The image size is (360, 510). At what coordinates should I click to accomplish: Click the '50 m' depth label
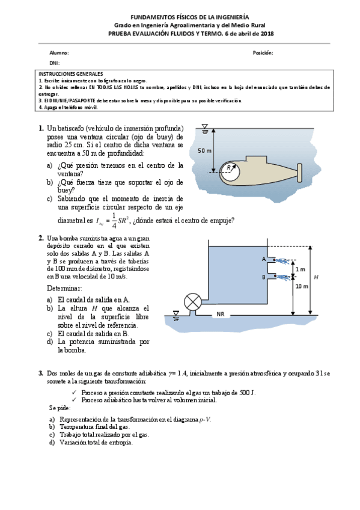(x=204, y=150)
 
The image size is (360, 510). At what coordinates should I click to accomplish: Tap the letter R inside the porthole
(x=228, y=168)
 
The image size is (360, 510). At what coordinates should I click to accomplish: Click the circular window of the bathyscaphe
(x=230, y=171)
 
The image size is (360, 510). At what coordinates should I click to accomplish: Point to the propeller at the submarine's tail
(x=299, y=173)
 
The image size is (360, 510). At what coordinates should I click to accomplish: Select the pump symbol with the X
(x=193, y=302)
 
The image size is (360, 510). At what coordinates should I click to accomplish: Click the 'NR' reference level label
(x=221, y=314)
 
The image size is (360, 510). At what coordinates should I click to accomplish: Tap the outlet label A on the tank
(x=264, y=259)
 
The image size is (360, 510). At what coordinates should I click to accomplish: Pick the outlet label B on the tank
(x=264, y=277)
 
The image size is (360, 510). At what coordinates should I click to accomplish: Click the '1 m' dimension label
(x=301, y=269)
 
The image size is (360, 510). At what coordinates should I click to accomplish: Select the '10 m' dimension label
(x=302, y=286)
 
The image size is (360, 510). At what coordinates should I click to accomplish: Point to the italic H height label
(x=316, y=277)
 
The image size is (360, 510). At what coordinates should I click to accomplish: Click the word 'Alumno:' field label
(x=59, y=53)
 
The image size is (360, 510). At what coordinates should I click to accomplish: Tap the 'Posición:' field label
(x=263, y=53)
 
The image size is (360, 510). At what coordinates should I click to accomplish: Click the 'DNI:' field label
(x=55, y=63)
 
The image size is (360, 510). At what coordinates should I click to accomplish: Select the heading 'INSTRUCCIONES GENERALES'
(x=70, y=74)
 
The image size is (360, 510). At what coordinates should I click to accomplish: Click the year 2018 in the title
(x=267, y=34)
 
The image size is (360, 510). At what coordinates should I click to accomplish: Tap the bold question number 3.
(x=41, y=373)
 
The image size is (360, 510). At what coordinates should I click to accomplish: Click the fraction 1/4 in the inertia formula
(x=114, y=221)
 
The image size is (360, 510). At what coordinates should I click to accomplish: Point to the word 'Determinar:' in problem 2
(x=64, y=288)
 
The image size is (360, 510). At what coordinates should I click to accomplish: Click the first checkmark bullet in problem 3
(x=75, y=392)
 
